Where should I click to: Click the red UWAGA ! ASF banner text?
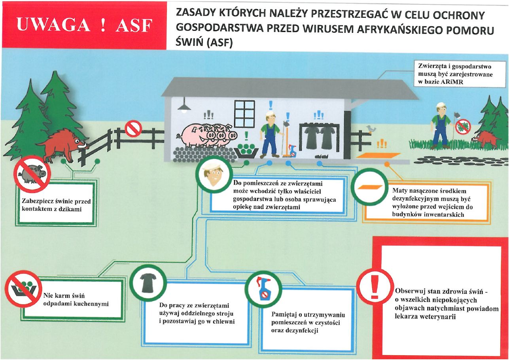coord(84,25)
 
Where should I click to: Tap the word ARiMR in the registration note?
coord(452,82)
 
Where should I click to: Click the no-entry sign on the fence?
coord(133,129)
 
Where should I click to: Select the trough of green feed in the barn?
coord(246,151)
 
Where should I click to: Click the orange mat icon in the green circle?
coord(370,188)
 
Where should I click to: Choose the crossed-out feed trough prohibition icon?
coord(23,289)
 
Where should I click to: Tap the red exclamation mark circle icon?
coord(375,287)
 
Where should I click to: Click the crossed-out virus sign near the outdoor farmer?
coord(464,126)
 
